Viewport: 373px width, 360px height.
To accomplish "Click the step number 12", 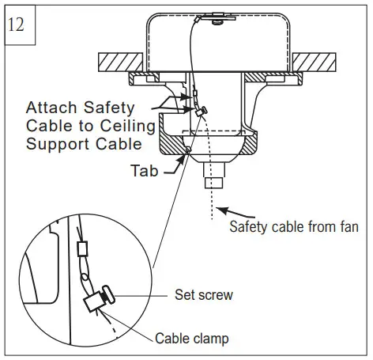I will pyautogui.click(x=17, y=23).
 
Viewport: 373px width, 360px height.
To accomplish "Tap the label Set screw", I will pyautogui.click(x=203, y=295).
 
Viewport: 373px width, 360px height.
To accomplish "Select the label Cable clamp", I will pyautogui.click(x=191, y=339).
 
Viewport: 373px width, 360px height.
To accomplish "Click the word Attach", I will pyautogui.click(x=51, y=107).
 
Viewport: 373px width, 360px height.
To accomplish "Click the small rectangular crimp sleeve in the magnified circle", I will pyautogui.click(x=81, y=249).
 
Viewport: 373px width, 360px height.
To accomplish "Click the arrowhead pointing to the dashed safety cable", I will pyautogui.click(x=221, y=209).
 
